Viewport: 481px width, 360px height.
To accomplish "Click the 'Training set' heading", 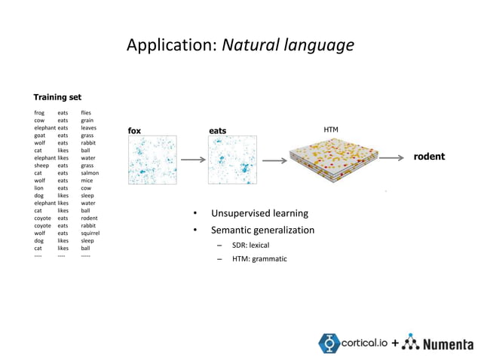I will (x=57, y=97).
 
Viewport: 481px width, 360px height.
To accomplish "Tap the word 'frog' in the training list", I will (x=39, y=113).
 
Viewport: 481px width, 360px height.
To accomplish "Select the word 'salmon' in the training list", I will (x=90, y=172).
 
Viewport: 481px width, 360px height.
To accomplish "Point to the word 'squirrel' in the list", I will (x=90, y=233).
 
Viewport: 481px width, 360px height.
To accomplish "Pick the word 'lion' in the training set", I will (x=39, y=188).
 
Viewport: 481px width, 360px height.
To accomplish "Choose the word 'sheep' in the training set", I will (x=41, y=165).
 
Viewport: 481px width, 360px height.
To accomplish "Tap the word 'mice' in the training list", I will (x=87, y=180).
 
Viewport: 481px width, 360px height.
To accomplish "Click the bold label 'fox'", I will (x=134, y=131).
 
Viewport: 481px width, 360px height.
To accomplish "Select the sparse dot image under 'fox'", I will (x=152, y=160).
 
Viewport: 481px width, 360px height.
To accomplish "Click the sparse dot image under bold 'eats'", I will (x=233, y=160).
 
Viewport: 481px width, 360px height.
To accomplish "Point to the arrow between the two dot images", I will (x=193, y=160).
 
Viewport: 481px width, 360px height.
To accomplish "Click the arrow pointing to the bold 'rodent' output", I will (x=391, y=158).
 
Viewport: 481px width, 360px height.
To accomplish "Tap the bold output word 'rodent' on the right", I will (x=429, y=157).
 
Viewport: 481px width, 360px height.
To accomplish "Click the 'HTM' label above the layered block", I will (x=331, y=130).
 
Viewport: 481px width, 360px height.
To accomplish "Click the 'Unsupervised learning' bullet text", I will (x=259, y=213).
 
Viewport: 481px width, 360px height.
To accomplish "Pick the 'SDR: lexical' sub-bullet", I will (x=250, y=245).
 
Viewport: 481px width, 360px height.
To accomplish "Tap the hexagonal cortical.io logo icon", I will (x=329, y=343).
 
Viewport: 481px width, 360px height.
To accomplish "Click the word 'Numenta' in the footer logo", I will (x=448, y=344).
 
